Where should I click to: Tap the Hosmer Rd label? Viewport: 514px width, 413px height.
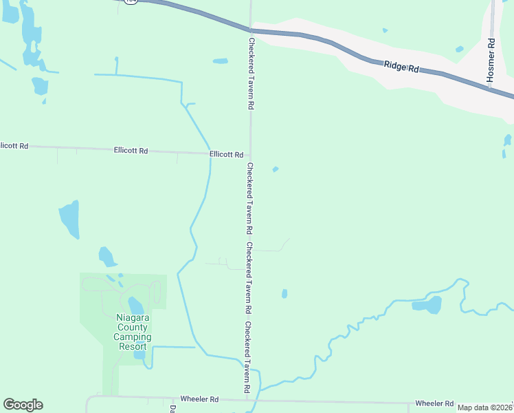click(x=491, y=61)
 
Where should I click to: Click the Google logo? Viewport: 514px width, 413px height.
click(x=23, y=405)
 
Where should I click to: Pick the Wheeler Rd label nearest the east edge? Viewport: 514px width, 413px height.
click(x=434, y=403)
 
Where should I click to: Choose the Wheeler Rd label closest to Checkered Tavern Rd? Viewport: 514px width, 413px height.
click(x=199, y=399)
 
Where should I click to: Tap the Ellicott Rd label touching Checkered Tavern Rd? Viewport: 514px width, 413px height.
click(x=227, y=155)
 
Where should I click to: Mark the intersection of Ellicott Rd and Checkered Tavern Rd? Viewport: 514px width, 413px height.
click(x=250, y=156)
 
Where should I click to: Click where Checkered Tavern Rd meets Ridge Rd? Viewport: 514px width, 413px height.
click(x=251, y=30)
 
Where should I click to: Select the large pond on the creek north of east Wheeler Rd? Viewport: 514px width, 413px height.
click(x=428, y=304)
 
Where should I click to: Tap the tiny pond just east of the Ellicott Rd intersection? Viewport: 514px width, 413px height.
click(x=276, y=169)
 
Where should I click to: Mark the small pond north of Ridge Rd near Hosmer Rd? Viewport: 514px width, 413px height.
click(x=459, y=49)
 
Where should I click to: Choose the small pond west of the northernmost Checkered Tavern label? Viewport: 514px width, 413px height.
click(x=220, y=61)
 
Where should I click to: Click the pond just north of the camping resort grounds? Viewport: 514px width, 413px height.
click(x=107, y=257)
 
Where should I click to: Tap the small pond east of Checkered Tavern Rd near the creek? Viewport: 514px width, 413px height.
click(x=284, y=294)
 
